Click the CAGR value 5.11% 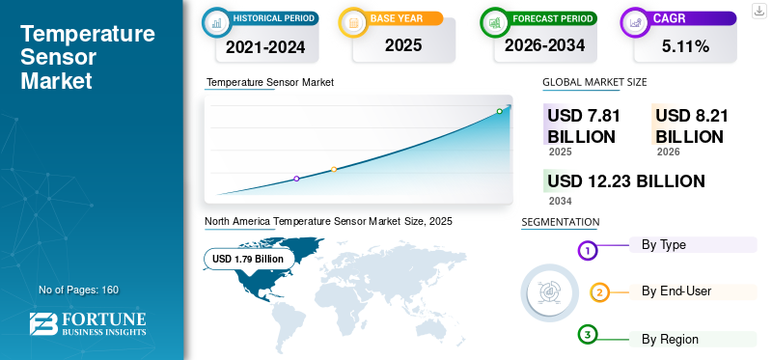[x=685, y=46]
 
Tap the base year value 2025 [x=403, y=45]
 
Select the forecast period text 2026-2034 [x=544, y=45]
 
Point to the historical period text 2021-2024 [x=265, y=46]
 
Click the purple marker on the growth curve [x=296, y=179]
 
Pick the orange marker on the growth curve [x=334, y=170]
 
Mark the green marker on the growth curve [x=499, y=111]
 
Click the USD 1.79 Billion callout [x=248, y=259]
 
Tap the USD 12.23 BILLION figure [x=625, y=181]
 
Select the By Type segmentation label [x=664, y=245]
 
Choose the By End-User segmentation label [x=676, y=291]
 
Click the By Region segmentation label [x=670, y=340]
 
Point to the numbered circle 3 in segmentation [x=587, y=335]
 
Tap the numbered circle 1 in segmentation [x=587, y=251]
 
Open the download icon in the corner [x=759, y=11]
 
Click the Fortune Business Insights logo [x=88, y=324]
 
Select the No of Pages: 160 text [x=79, y=290]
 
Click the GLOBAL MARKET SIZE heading [x=594, y=82]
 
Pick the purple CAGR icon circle [x=636, y=22]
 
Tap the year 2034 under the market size [x=561, y=201]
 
